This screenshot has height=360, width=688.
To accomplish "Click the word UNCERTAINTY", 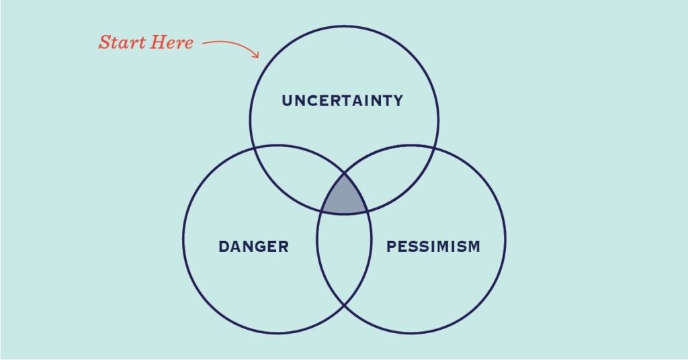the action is pos(342,101).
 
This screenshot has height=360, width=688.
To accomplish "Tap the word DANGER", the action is pos(253,246).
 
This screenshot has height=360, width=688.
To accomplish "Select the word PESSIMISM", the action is pos(433,246).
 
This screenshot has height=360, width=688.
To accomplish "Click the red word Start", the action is pos(122,42).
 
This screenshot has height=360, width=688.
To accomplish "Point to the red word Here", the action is pos(171,42).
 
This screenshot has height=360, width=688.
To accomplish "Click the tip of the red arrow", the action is pos(259,57).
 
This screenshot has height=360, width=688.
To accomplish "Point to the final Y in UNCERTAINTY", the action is pos(398,101).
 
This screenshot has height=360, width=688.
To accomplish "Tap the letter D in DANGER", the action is pos(224,246).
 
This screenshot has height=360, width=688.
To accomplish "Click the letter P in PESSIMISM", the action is pos(391,246).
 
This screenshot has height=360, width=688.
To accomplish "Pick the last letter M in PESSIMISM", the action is pos(473,246).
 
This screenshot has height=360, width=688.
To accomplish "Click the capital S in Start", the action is pos(104,42).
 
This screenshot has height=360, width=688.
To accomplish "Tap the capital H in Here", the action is pos(157,42).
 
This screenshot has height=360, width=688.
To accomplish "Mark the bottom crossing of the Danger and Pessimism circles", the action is pos(345,304).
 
